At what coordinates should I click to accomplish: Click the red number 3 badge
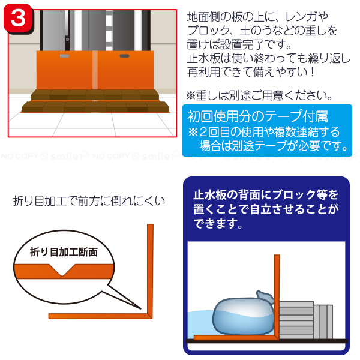click(x=18, y=19)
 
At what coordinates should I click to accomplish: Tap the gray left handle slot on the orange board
click(x=65, y=56)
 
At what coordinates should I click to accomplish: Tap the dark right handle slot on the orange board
click(x=124, y=56)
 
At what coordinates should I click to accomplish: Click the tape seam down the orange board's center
click(x=95, y=70)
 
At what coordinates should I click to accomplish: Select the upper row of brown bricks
click(x=95, y=95)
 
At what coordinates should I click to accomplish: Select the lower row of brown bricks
click(x=95, y=107)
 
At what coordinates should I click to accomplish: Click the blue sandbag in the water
click(x=244, y=316)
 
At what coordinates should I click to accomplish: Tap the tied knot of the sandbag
click(x=265, y=297)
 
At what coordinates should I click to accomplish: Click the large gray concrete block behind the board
click(x=296, y=320)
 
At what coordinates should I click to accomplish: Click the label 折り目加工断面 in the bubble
click(x=64, y=252)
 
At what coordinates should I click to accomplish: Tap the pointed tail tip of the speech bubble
click(x=140, y=309)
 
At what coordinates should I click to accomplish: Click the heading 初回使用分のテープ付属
click(x=257, y=116)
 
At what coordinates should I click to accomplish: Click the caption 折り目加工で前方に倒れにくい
click(x=89, y=201)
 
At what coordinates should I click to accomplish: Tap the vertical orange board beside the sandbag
click(x=277, y=296)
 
